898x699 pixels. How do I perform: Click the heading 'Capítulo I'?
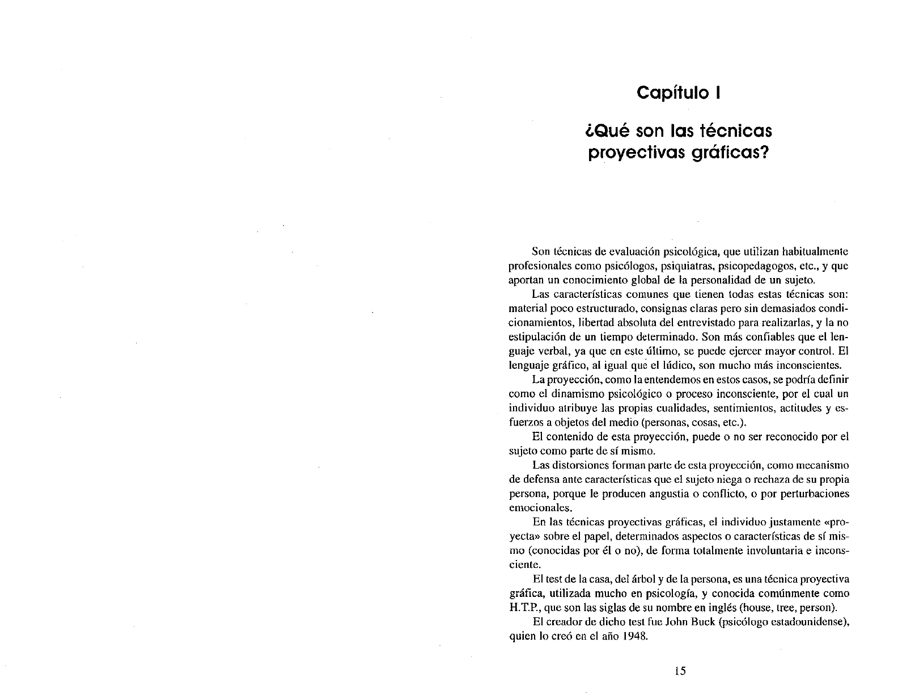(x=678, y=92)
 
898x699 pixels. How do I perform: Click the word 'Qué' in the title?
(x=605, y=132)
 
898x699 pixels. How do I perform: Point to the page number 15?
(x=680, y=671)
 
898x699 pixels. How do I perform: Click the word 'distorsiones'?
(x=579, y=465)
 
